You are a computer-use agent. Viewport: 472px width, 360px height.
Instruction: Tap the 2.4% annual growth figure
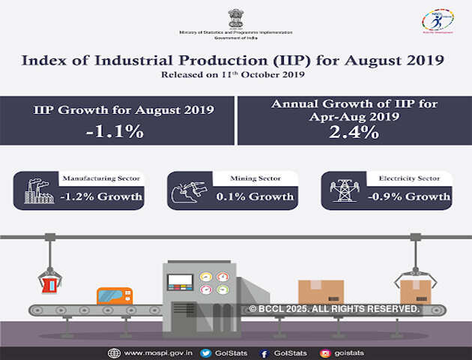352,133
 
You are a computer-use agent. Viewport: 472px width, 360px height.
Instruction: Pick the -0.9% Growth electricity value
409,197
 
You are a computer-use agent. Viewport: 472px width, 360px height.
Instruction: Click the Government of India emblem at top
235,16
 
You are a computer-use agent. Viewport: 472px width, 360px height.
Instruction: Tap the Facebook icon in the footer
264,352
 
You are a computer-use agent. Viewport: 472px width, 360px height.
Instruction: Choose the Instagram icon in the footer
325,352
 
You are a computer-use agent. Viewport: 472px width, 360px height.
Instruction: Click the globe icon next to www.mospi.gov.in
114,352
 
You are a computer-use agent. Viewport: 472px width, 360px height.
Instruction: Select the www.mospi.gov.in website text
155,352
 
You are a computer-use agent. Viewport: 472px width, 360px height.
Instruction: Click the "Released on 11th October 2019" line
235,76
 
